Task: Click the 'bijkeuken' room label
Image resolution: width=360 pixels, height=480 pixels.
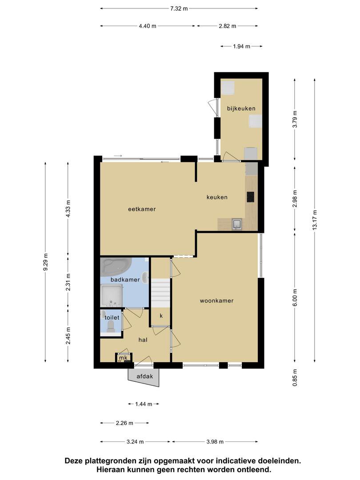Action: pos(241,108)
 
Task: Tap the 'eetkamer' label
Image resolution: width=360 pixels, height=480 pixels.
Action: pos(142,209)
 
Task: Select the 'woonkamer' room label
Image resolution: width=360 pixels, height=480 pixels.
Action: pos(216,300)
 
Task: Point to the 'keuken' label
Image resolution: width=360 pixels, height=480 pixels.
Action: pos(217,197)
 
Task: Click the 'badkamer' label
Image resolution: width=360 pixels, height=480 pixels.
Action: pos(125,280)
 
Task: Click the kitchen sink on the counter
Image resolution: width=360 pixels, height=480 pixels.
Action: pos(237,224)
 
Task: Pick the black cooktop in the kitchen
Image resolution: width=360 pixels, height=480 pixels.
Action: pos(250,197)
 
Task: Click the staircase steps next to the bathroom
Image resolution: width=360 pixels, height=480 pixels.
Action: pos(160,293)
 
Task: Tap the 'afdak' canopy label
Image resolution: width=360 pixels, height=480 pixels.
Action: pos(144,376)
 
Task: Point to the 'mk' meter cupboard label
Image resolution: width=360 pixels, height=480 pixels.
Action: pos(123,358)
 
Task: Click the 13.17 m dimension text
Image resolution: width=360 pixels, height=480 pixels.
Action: pos(315,220)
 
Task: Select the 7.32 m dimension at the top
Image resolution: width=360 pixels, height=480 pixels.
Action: pos(179,8)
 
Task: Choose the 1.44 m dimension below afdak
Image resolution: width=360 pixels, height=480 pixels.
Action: pos(144,404)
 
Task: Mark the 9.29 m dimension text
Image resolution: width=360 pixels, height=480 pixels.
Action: pos(46,262)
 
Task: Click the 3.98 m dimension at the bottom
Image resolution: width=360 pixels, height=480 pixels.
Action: pos(215,442)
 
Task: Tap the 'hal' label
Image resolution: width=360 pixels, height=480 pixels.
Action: pos(143,340)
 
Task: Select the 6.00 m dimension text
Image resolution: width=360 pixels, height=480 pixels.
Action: pos(295,297)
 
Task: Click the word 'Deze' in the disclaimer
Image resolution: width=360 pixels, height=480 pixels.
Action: pos(74,461)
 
